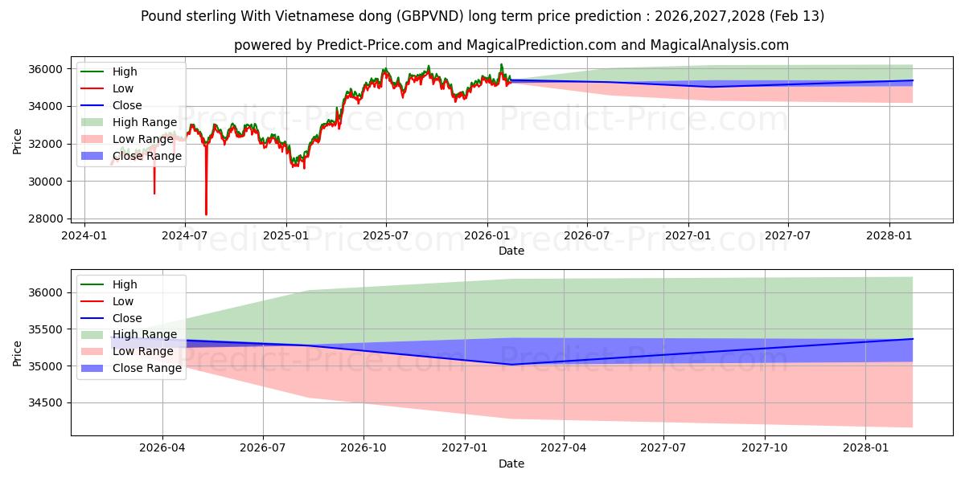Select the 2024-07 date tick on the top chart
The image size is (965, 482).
click(x=185, y=235)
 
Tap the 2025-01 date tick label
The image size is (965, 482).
click(x=285, y=235)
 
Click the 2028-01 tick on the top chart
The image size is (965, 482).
click(x=889, y=235)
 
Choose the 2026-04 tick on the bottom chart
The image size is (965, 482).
click(x=162, y=447)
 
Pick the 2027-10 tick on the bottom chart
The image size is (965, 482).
click(x=765, y=447)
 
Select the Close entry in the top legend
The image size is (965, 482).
click(x=127, y=105)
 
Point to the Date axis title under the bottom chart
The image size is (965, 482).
click(x=511, y=464)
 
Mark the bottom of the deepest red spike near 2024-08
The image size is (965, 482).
click(x=206, y=214)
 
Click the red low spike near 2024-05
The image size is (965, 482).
click(x=154, y=193)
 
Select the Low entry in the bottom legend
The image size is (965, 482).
click(x=124, y=301)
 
